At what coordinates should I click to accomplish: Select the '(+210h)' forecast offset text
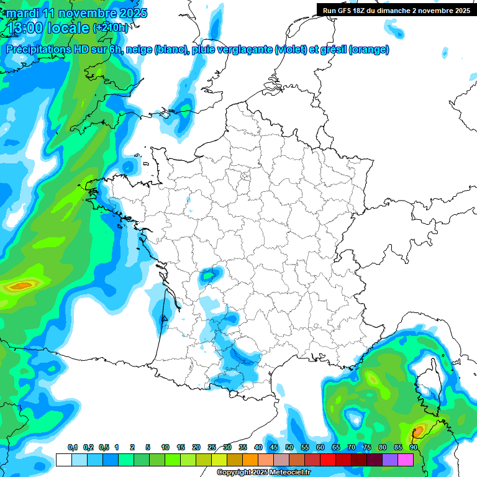point(111,28)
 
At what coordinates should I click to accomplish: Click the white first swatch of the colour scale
point(63,460)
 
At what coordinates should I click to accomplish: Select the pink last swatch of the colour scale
point(406,460)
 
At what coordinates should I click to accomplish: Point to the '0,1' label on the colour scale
point(72,448)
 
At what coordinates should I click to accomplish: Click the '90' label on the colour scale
point(414,448)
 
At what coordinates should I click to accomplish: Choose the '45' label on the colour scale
point(274,448)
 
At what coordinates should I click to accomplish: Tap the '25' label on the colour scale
point(212,448)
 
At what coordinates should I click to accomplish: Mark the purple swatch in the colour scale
point(390,460)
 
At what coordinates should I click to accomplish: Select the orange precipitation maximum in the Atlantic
point(21,286)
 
